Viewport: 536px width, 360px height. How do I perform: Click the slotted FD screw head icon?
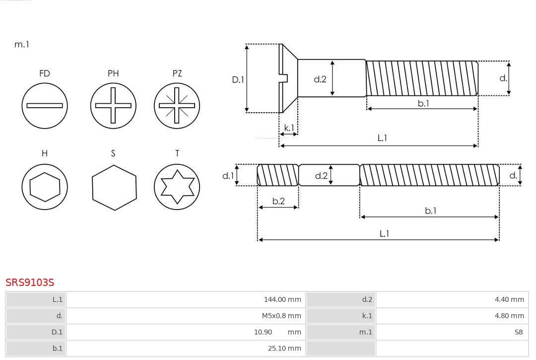tap(45, 105)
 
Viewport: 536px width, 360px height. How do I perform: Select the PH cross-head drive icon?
tap(113, 105)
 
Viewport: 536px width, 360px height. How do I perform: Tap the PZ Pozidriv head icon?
tap(177, 105)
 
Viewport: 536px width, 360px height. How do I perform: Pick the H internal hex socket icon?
tap(45, 187)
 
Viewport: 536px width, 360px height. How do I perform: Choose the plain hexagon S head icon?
tap(114, 187)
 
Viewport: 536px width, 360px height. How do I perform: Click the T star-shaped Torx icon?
tap(177, 187)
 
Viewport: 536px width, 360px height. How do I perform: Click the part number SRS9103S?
tap(30, 283)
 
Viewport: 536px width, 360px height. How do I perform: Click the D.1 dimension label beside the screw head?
tap(238, 79)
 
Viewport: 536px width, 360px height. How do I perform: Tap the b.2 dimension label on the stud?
tap(278, 201)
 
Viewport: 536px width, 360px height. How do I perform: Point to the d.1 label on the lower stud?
tap(228, 175)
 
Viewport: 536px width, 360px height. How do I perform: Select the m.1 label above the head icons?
tap(21, 44)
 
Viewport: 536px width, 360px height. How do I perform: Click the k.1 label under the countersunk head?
tap(289, 128)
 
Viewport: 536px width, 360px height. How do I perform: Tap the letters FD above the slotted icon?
tap(45, 73)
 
